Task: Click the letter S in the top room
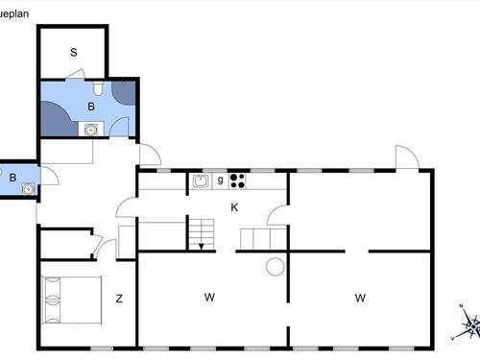(73, 52)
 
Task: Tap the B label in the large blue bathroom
(91, 107)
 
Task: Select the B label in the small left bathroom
(12, 177)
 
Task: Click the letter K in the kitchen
(233, 207)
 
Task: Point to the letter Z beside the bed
(119, 299)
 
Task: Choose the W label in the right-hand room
(360, 299)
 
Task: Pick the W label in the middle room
(209, 298)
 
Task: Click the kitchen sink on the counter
(202, 180)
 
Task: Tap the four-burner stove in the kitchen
(237, 180)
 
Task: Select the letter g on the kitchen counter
(220, 180)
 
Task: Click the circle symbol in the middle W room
(275, 267)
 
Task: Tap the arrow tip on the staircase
(201, 247)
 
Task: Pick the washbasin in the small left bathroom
(29, 188)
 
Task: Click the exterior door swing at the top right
(406, 158)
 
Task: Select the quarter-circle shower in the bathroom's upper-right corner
(125, 90)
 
